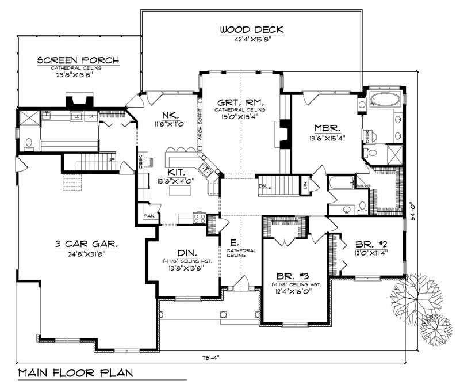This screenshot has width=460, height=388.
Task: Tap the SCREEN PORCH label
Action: [x=78, y=60]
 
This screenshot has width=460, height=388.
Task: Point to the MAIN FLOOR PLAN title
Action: [x=75, y=372]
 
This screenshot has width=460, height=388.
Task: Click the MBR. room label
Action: [x=328, y=128]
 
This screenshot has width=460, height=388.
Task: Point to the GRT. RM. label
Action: [x=240, y=98]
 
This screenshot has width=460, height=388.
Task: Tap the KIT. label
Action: [x=177, y=172]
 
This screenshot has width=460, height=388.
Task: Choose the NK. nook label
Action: [x=169, y=114]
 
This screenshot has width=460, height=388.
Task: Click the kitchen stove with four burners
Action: [x=200, y=218]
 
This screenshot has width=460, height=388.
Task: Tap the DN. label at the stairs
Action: [x=262, y=186]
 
